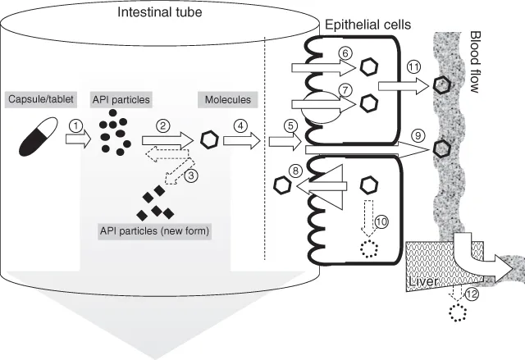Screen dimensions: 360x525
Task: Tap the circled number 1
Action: coord(76,125)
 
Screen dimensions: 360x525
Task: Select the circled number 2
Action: coord(163,125)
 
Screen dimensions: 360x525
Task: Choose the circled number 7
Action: coord(345,89)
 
